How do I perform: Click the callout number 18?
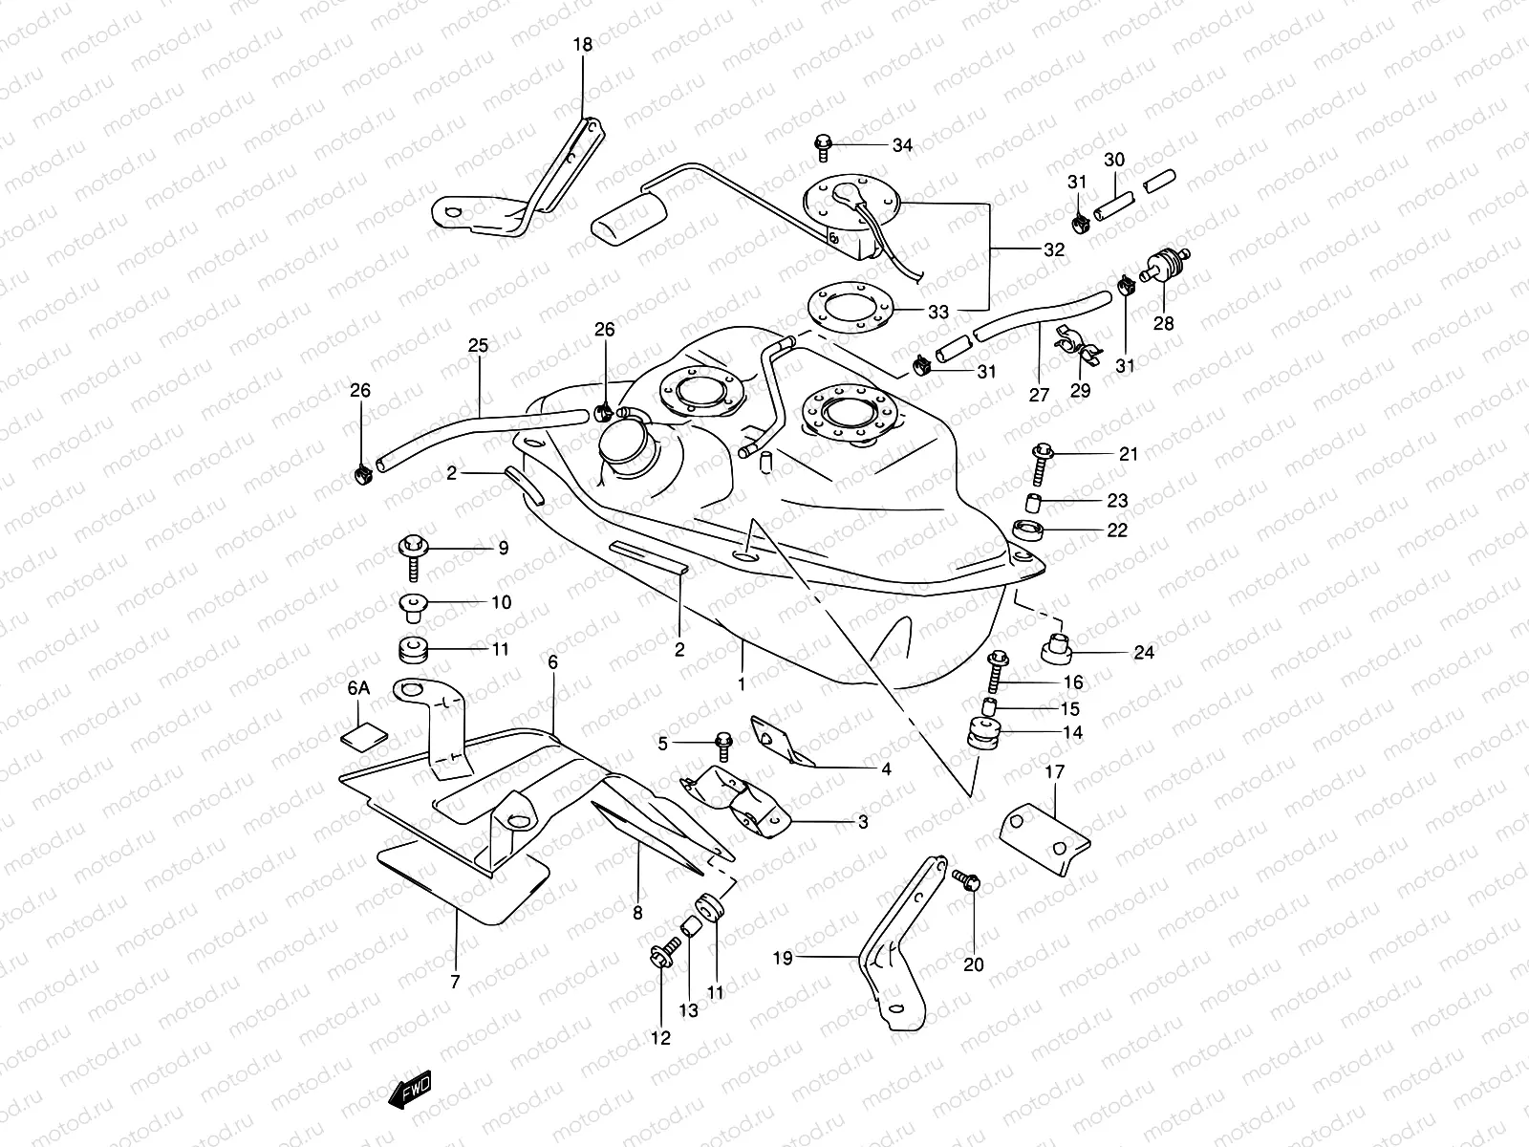[582, 44]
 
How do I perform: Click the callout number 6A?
[358, 688]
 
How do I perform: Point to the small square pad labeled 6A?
[364, 734]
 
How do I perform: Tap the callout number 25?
[478, 345]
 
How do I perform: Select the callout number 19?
[783, 957]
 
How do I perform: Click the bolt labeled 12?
[662, 956]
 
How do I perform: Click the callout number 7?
[455, 981]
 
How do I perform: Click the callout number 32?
[1053, 250]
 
